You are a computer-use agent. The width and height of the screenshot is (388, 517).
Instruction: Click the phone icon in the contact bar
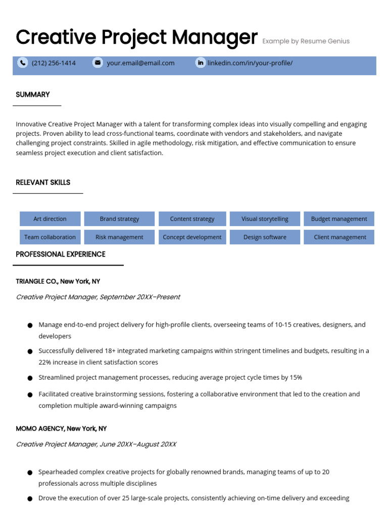coord(23,63)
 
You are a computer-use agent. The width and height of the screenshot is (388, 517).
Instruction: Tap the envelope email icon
coord(98,63)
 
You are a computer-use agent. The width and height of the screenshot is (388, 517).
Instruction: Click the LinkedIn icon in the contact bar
coord(201,63)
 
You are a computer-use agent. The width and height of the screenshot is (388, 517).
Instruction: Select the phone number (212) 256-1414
coord(54,63)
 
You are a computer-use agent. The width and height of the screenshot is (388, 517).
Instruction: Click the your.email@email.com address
coord(140,63)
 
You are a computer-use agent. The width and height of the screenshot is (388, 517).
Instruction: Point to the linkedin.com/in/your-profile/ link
coord(250,63)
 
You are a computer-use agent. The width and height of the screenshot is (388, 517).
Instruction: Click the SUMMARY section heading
coord(33,95)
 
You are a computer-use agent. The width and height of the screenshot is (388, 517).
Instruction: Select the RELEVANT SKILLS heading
coord(43,183)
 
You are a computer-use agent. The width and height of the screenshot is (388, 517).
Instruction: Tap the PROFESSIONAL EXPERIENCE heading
coord(61,254)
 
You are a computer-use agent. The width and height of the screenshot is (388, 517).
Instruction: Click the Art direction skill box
coord(50,219)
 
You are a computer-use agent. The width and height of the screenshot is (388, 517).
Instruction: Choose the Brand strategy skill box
coord(119,219)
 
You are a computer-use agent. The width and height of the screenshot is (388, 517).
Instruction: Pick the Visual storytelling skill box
coord(265,219)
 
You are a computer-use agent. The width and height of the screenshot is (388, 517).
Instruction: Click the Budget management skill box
coord(339,219)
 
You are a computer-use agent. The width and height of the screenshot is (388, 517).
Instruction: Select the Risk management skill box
coord(119,237)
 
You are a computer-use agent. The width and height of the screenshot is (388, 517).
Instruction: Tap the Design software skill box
coord(265,237)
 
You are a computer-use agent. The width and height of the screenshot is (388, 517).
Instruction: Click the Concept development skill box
coord(192,237)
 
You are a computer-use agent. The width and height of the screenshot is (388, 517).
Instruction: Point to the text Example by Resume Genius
coord(306,41)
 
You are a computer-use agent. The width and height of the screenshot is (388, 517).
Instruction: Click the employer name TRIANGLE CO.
coord(37,282)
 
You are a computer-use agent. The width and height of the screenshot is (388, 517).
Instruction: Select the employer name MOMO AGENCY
coord(40,429)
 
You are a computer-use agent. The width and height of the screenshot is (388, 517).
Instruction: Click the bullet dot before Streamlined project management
coord(30,378)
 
